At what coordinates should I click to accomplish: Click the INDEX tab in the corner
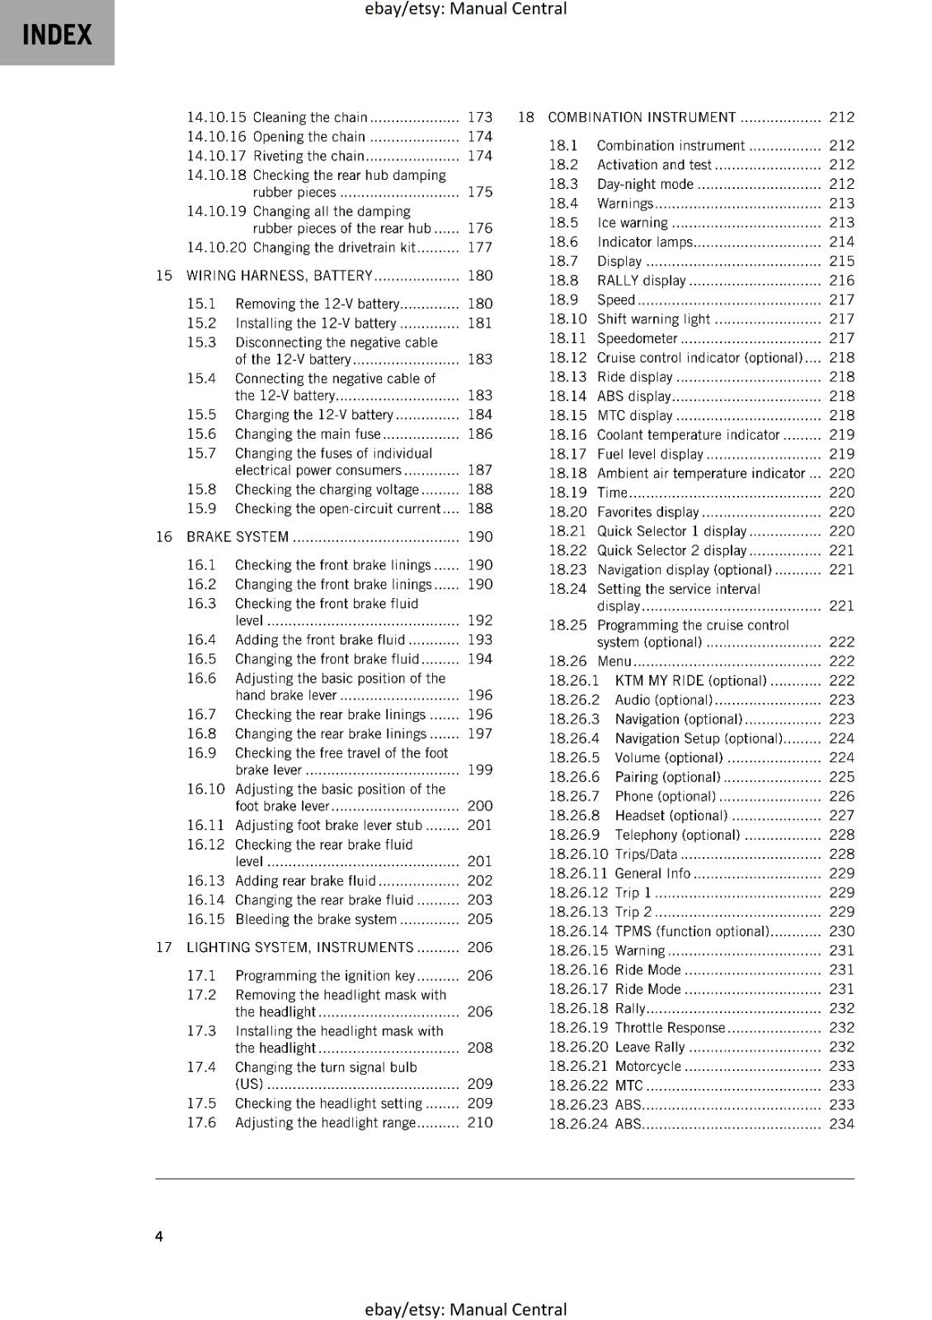(x=57, y=34)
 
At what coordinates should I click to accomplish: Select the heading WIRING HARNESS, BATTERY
(x=280, y=276)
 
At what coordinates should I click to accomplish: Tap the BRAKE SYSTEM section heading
(x=238, y=537)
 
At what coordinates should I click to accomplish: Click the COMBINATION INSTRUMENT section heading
(x=642, y=117)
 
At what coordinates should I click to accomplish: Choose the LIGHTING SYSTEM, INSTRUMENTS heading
(x=299, y=947)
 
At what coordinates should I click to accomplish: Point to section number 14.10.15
(x=216, y=117)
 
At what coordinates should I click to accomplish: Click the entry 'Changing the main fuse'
(x=308, y=434)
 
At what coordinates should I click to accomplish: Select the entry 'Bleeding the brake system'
(x=316, y=919)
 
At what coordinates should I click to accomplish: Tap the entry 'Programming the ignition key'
(x=325, y=975)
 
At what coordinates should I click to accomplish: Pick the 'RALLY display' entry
(x=641, y=280)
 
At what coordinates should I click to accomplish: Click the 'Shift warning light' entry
(x=653, y=319)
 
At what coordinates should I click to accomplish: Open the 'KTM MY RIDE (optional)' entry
(x=690, y=681)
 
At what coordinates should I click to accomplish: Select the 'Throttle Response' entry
(x=670, y=1027)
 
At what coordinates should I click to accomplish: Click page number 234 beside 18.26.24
(x=841, y=1124)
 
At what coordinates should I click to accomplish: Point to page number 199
(x=479, y=770)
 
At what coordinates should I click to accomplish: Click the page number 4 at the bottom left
(x=159, y=1236)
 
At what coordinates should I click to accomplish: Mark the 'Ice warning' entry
(x=633, y=223)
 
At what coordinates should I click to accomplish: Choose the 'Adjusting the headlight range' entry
(x=325, y=1122)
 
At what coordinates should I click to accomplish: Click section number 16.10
(x=205, y=789)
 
